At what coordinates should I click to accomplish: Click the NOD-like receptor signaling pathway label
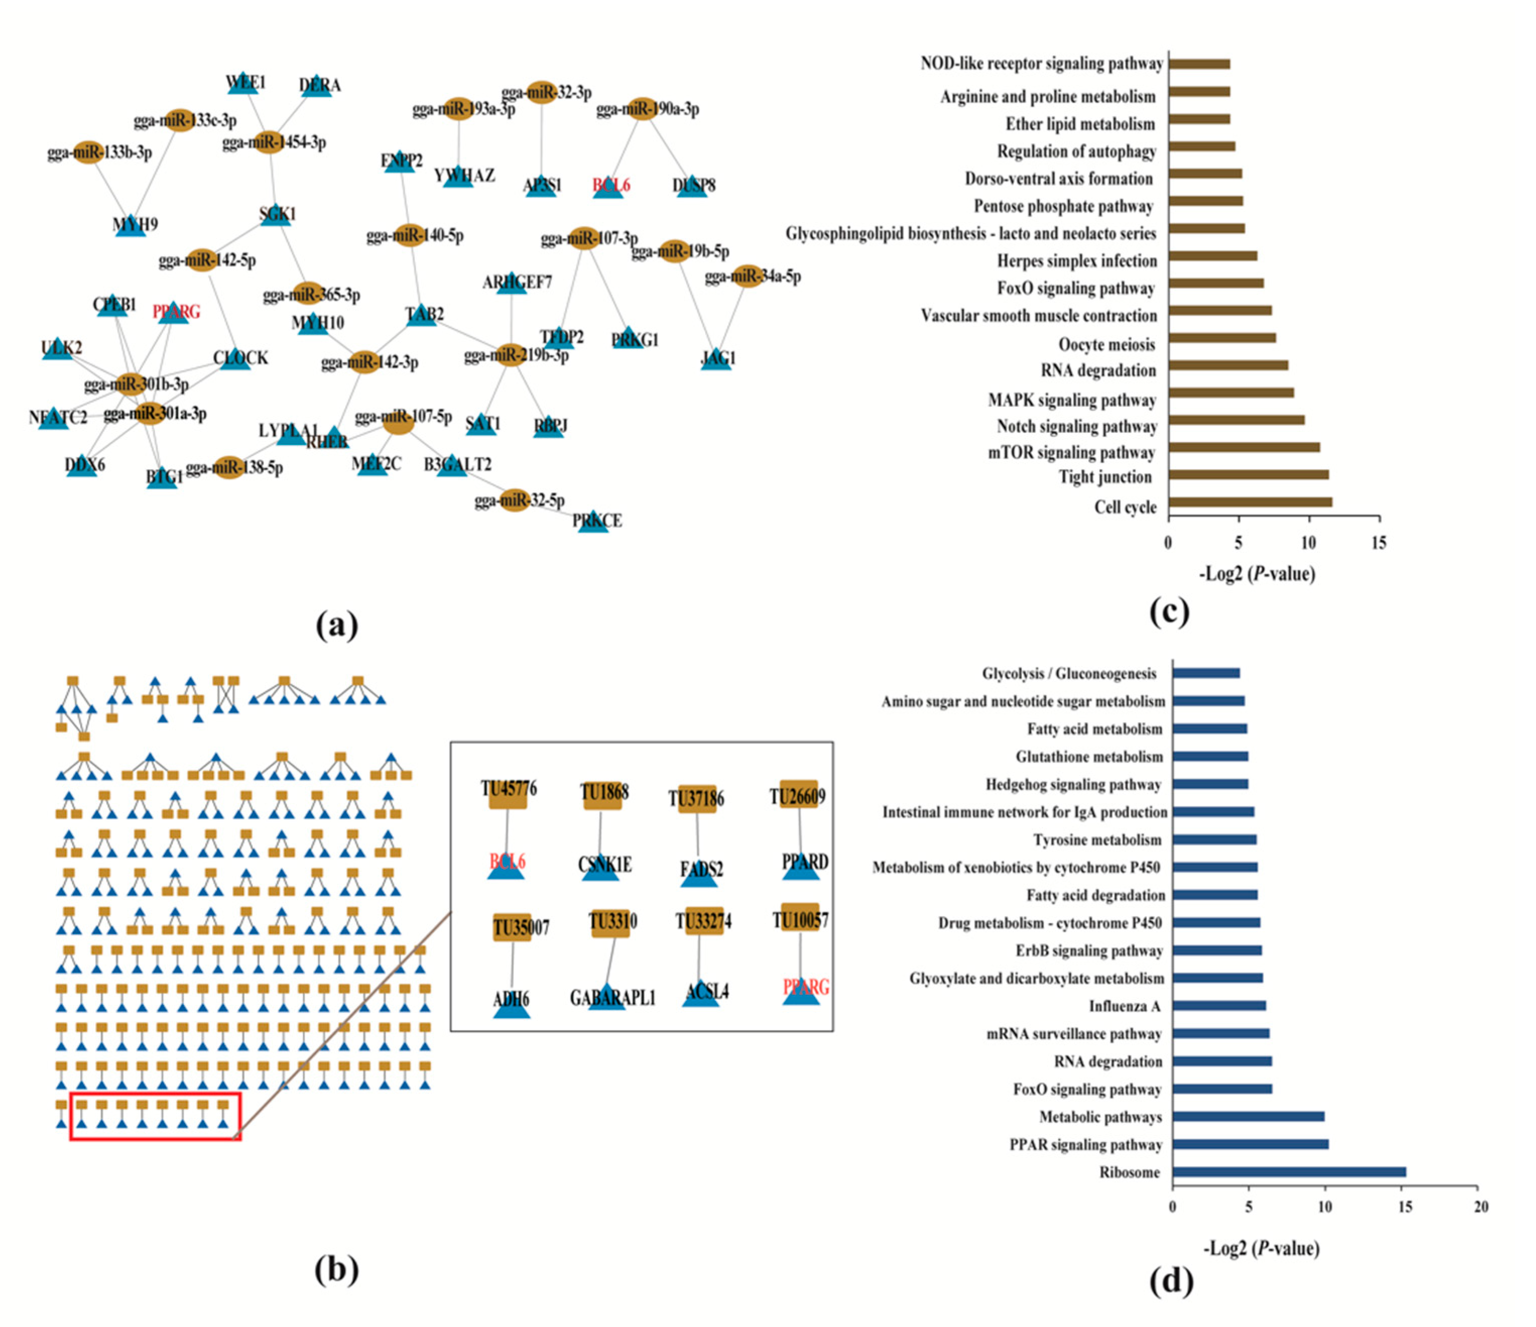pyautogui.click(x=1042, y=64)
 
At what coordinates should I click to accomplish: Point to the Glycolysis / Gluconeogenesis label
pyautogui.click(x=1069, y=673)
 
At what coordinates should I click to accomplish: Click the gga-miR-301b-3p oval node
pyautogui.click(x=131, y=383)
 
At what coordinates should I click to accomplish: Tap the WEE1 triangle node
pyautogui.click(x=243, y=84)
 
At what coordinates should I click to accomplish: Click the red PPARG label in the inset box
pyautogui.click(x=806, y=987)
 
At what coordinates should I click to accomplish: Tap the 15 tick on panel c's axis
pyautogui.click(x=1378, y=543)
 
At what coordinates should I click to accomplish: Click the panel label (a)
pyautogui.click(x=337, y=625)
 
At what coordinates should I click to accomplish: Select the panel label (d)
pyautogui.click(x=1171, y=1280)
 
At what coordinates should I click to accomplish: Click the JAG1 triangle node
pyautogui.click(x=716, y=359)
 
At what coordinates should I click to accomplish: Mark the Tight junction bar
pyautogui.click(x=1248, y=474)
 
